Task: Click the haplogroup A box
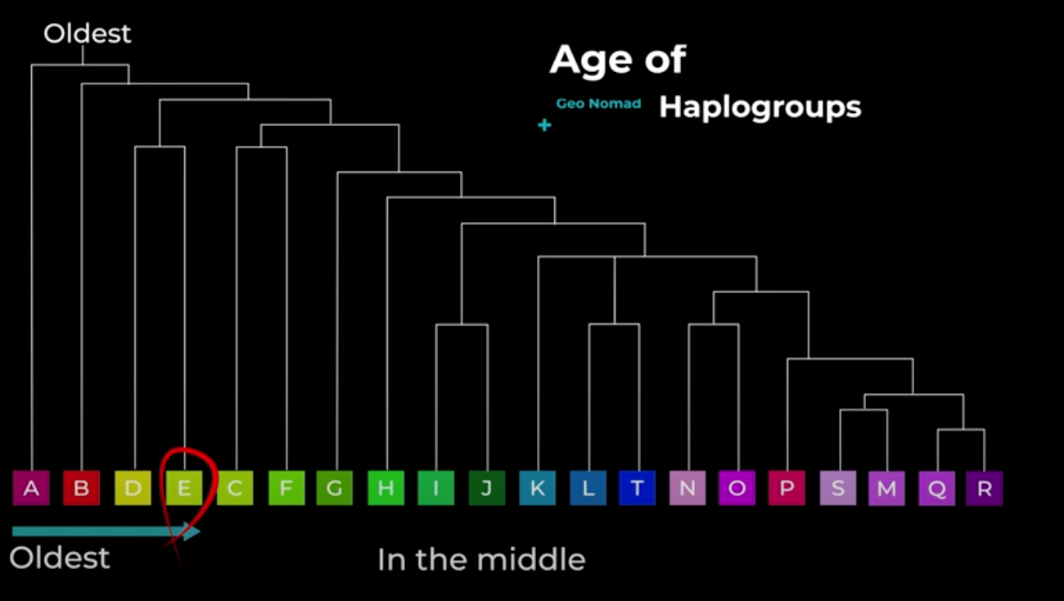pos(31,488)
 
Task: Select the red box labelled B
pos(81,488)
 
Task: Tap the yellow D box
pos(133,488)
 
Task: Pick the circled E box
pos(184,488)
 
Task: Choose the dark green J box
pos(487,488)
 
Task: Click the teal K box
pos(537,488)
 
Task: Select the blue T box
pos(637,488)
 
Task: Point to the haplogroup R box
pos(984,488)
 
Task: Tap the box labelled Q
pos(936,488)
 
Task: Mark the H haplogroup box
pos(385,488)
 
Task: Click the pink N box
pos(688,488)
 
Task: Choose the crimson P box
pos(787,488)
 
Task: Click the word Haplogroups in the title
pos(760,108)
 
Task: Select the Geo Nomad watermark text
pos(598,103)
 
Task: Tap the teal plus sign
pos(544,125)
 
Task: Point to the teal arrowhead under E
pos(191,531)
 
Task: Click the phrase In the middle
pos(481,560)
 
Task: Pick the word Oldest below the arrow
pos(60,558)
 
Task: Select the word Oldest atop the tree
pos(88,34)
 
